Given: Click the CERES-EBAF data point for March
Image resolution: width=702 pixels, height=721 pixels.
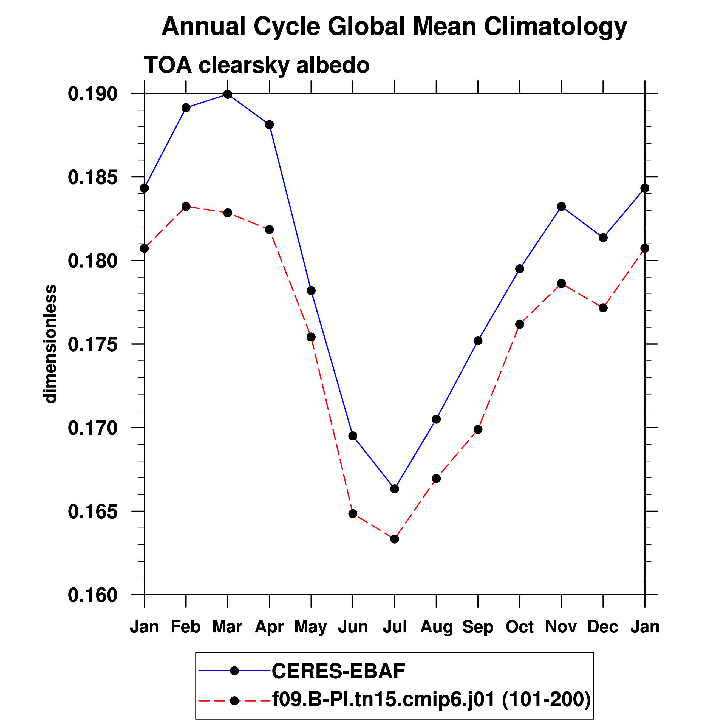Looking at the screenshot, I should (x=228, y=94).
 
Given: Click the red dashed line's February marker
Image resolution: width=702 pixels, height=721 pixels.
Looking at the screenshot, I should (x=186, y=207).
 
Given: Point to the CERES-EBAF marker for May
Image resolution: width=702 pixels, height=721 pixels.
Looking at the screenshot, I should (x=311, y=291).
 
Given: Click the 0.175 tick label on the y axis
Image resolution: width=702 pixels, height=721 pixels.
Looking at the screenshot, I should (x=87, y=344).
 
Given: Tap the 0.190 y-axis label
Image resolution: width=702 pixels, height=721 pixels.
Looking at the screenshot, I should (x=87, y=94).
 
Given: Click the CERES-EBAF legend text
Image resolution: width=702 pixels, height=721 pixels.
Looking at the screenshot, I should (x=338, y=671).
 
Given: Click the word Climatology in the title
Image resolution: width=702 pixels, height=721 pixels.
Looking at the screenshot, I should (x=555, y=27).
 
